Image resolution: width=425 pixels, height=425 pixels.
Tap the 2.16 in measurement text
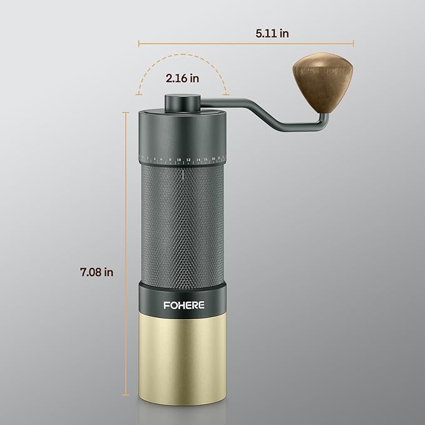click(182, 79)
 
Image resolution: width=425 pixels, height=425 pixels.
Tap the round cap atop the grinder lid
click(182, 102)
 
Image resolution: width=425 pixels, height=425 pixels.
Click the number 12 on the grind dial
click(188, 160)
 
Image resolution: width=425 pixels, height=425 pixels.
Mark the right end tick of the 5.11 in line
click(354, 44)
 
